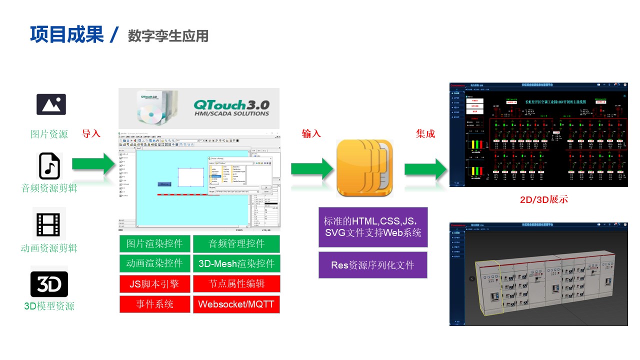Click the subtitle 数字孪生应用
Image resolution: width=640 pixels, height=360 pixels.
tap(168, 36)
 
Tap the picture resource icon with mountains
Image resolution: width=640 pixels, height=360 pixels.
tap(51, 104)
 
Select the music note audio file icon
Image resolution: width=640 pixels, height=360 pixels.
tap(49, 166)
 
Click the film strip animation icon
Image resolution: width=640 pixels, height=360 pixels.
tap(49, 224)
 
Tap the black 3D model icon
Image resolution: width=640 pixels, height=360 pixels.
tap(49, 284)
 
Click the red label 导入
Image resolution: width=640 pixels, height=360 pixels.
tap(91, 133)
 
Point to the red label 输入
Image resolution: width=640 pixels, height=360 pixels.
tap(311, 133)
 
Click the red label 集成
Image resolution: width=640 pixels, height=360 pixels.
tap(425, 133)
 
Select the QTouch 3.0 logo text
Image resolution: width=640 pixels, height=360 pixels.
tap(231, 107)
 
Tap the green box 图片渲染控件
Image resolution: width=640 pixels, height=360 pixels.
tap(155, 244)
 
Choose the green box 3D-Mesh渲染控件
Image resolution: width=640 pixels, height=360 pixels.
tap(236, 263)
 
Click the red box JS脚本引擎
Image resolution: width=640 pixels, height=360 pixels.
tap(155, 284)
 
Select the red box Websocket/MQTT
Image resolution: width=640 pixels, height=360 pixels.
tap(236, 304)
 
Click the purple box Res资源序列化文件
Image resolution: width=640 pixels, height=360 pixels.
tap(372, 265)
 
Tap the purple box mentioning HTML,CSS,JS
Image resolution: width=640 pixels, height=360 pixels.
tap(372, 227)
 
